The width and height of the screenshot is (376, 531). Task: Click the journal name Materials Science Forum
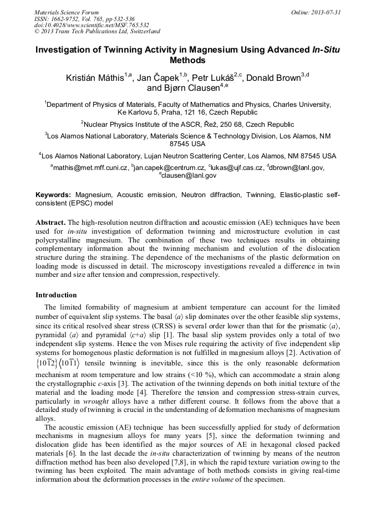pyautogui.click(x=67, y=12)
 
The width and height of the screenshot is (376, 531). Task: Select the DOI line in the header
pyautogui.click(x=92, y=25)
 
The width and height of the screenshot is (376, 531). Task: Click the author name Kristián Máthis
pyautogui.click(x=96, y=78)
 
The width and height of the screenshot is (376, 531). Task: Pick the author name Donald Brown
pyautogui.click(x=273, y=78)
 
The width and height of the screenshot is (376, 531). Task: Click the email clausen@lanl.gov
pyautogui.click(x=189, y=176)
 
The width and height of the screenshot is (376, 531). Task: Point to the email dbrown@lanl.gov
pyautogui.click(x=297, y=168)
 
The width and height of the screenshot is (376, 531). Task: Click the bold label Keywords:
pyautogui.click(x=53, y=195)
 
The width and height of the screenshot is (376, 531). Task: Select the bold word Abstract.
pyautogui.click(x=51, y=222)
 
